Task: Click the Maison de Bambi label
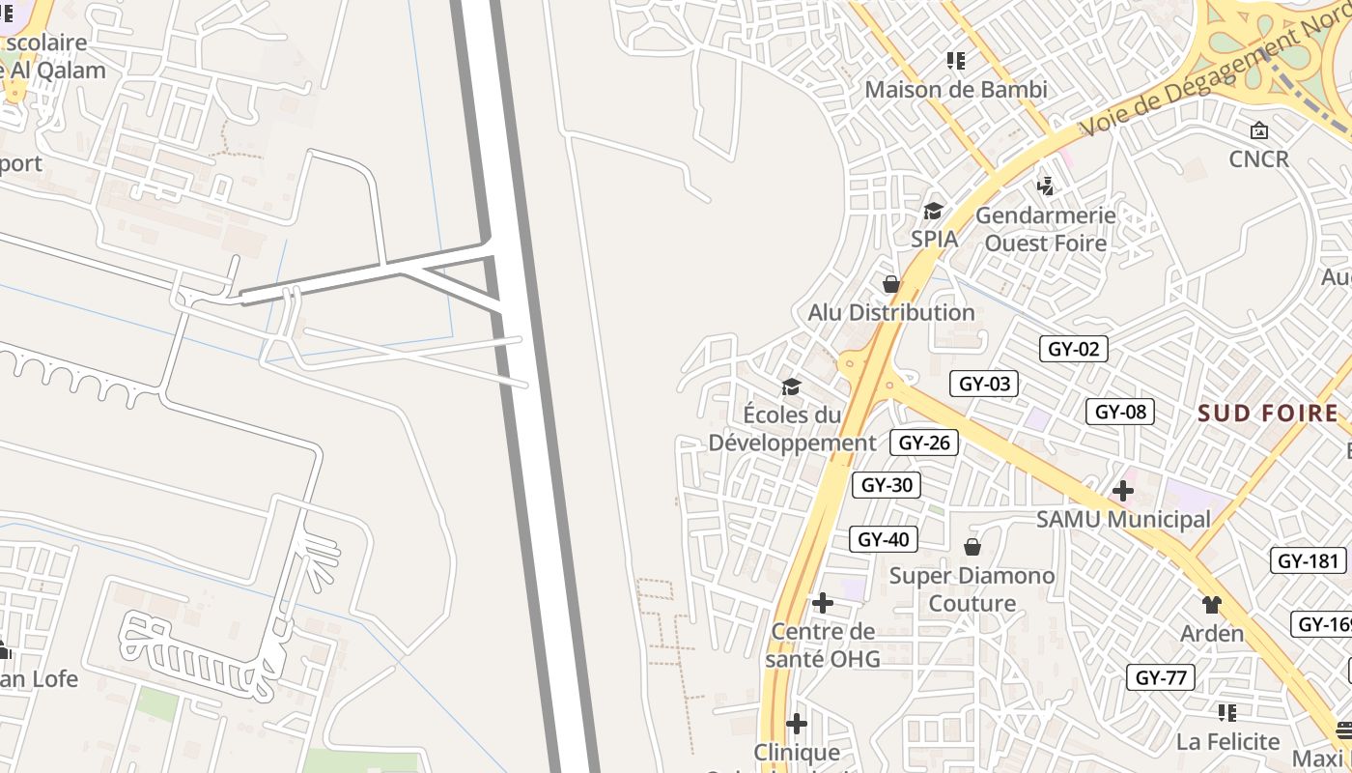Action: (956, 90)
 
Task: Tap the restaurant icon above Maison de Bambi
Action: (956, 61)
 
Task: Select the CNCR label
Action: (1259, 158)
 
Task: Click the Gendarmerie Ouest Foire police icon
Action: (1045, 185)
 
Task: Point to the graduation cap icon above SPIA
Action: (933, 211)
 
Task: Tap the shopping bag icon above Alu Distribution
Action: (891, 284)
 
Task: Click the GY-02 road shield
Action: (1073, 349)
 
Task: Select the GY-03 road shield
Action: (984, 384)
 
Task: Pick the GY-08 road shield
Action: (1120, 412)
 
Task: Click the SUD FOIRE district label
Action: (1268, 414)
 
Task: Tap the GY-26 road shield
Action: (924, 443)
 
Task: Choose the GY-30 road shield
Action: (886, 485)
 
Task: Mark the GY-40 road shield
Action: (883, 539)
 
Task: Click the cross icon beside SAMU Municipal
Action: (1122, 491)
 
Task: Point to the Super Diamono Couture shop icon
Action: (972, 547)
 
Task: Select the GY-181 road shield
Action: (1310, 560)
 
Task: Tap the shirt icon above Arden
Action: (1212, 605)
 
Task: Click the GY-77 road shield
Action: (1160, 677)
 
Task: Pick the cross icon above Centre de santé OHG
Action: (823, 603)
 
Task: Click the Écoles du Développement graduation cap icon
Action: (792, 386)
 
